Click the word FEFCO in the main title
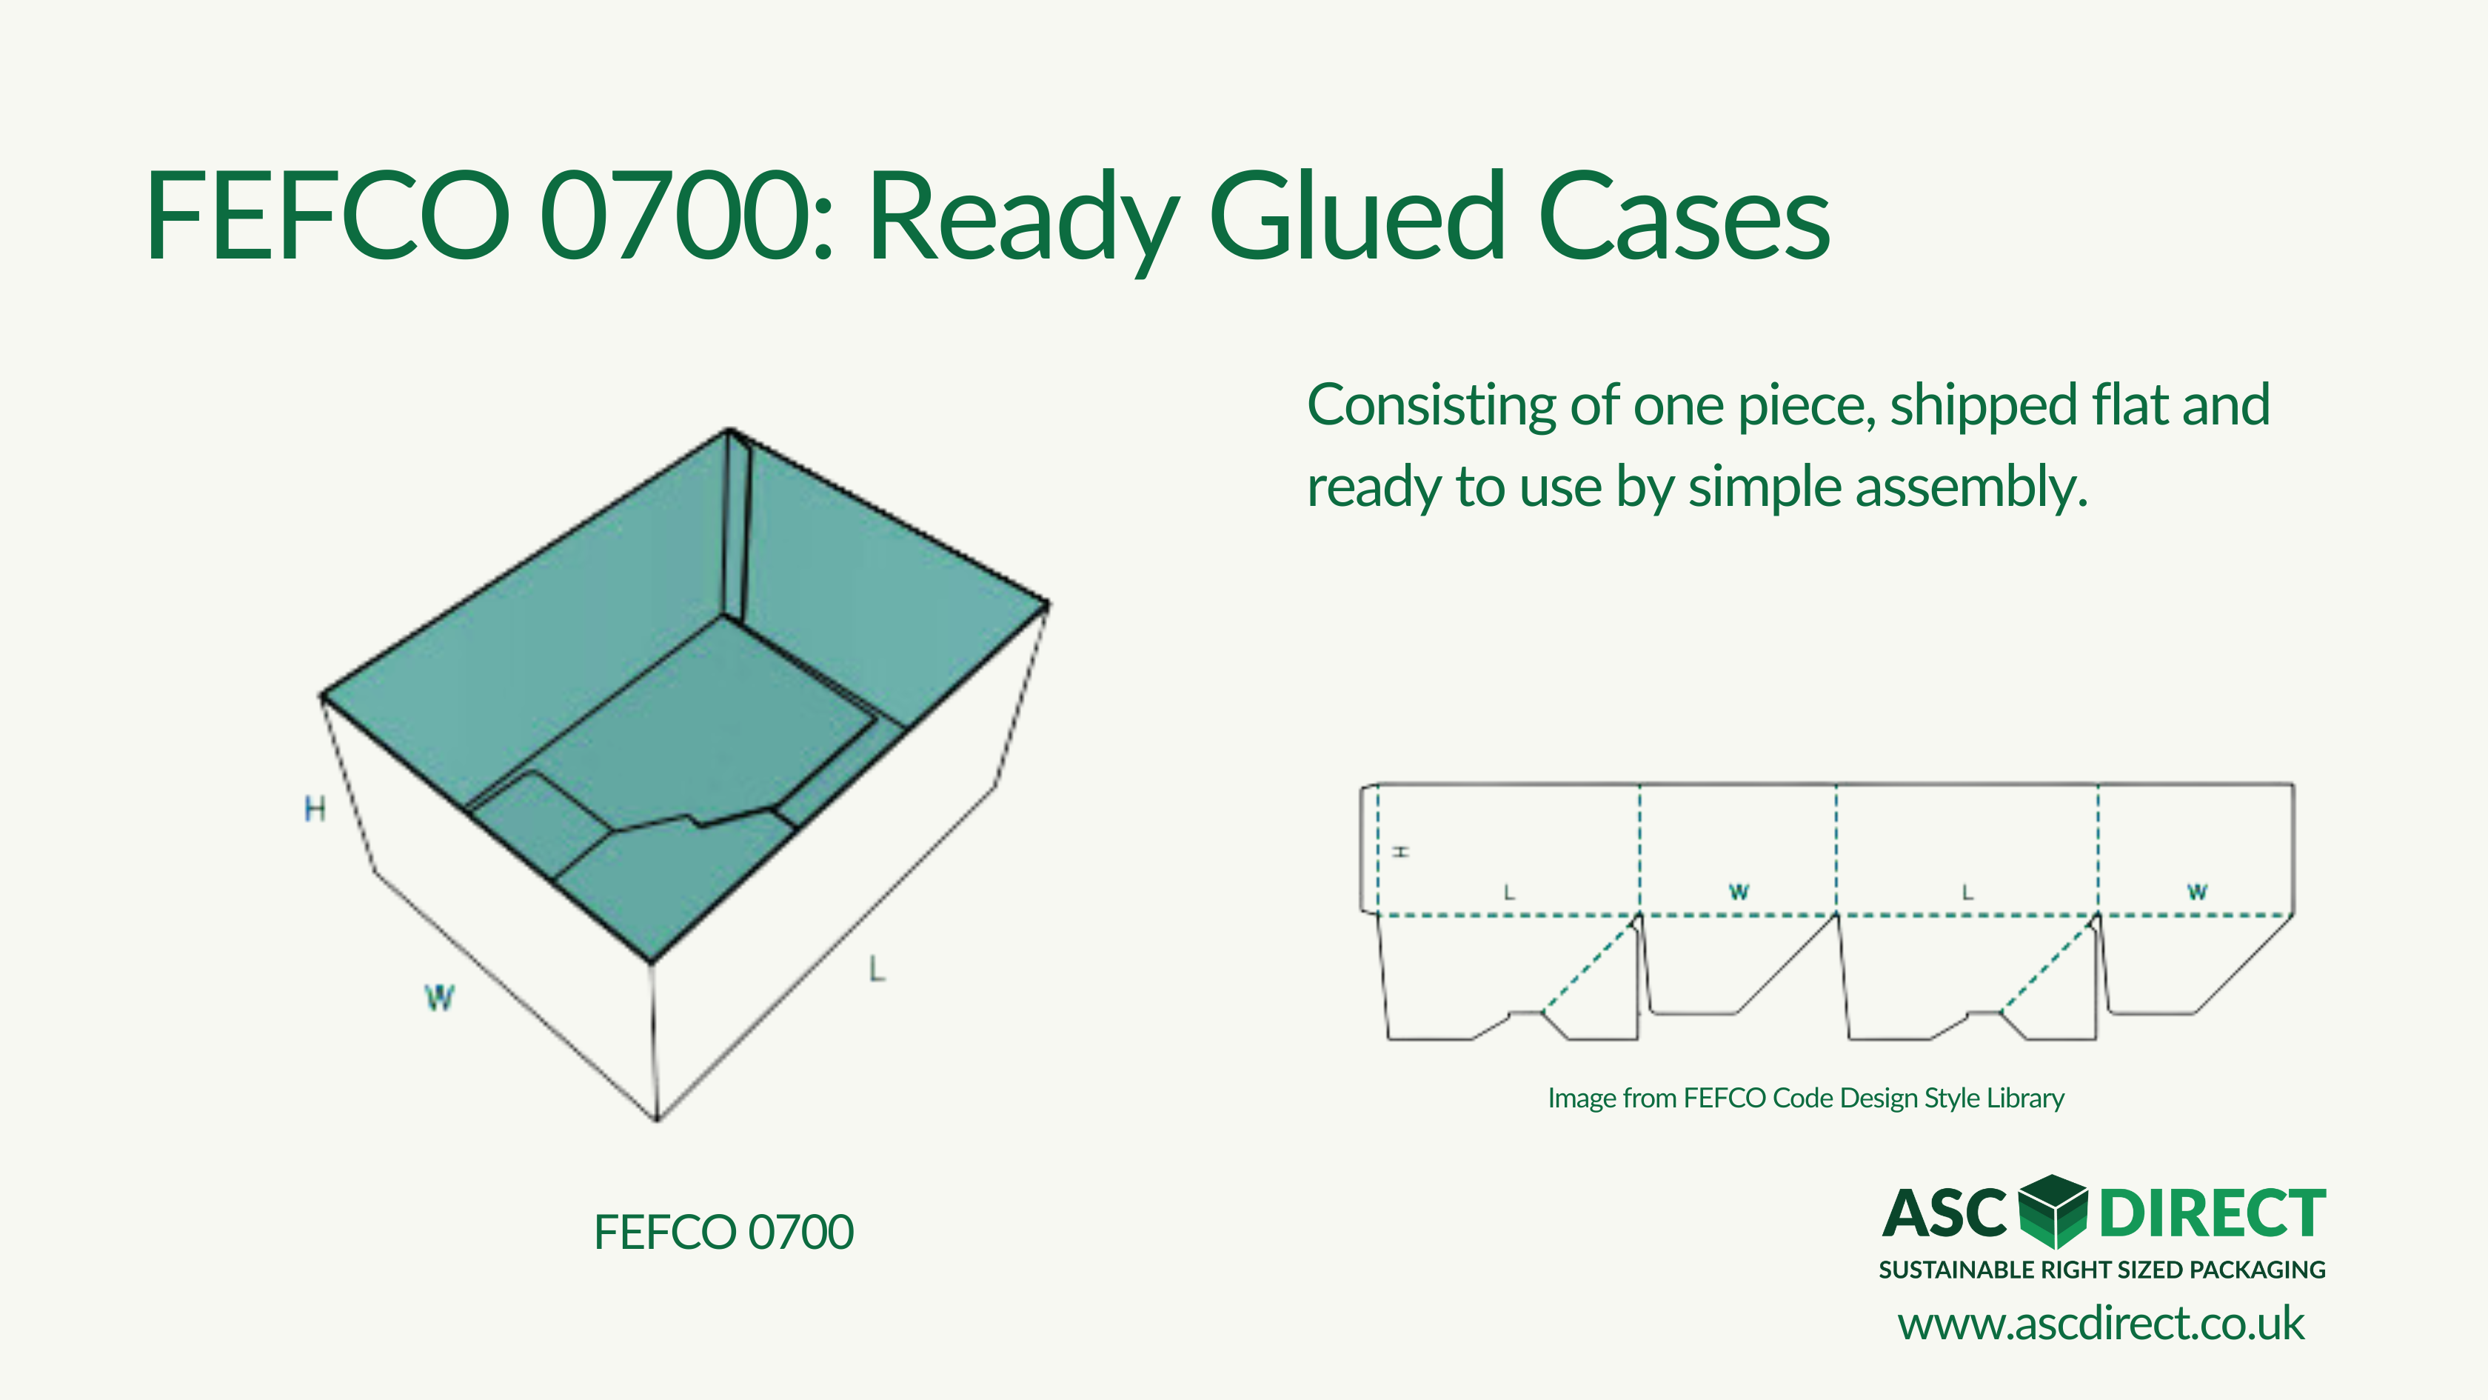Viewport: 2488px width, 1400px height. tap(328, 216)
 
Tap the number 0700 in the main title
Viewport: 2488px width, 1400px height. tap(677, 216)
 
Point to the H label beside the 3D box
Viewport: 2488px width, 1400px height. tap(315, 809)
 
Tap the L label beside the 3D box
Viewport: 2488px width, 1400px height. tap(877, 968)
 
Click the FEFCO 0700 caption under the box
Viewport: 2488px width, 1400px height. tap(723, 1232)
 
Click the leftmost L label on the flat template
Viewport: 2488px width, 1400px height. tap(1510, 893)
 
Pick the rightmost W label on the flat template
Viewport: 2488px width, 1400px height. tap(2197, 892)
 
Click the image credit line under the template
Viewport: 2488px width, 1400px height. tap(1806, 1099)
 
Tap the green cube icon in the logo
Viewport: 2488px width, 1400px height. tap(2053, 1212)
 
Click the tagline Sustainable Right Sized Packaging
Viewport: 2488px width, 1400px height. tap(2101, 1270)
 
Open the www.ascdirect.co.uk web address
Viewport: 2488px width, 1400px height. tap(2101, 1324)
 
